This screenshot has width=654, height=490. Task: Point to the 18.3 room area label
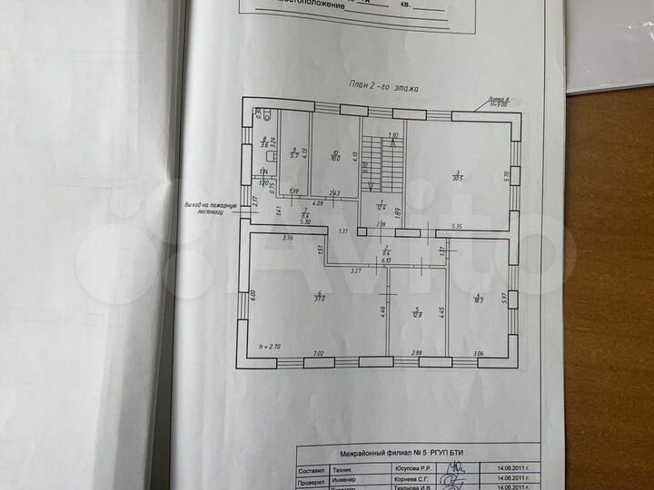pyautogui.click(x=480, y=298)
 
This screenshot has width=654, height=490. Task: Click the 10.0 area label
pyautogui.click(x=335, y=156)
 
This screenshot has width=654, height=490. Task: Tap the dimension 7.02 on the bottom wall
pyautogui.click(x=318, y=352)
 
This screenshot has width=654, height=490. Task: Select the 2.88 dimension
pyautogui.click(x=416, y=352)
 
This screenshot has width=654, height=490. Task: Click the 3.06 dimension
pyautogui.click(x=478, y=352)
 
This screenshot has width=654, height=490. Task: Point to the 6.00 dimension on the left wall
pyautogui.click(x=255, y=296)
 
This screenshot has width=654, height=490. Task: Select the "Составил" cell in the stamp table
pyautogui.click(x=312, y=468)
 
